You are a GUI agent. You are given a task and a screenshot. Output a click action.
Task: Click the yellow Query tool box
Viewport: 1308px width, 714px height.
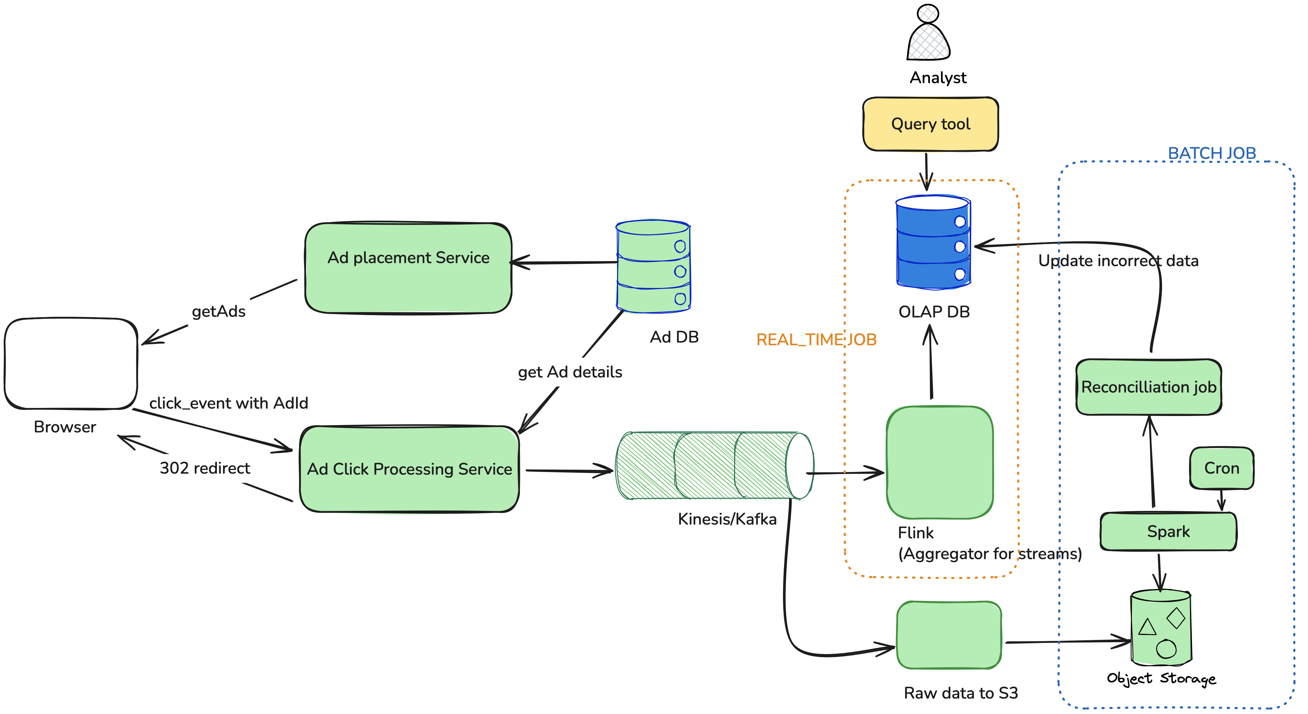pyautogui.click(x=930, y=124)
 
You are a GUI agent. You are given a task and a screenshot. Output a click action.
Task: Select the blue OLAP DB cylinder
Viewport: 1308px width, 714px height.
pyautogui.click(x=933, y=243)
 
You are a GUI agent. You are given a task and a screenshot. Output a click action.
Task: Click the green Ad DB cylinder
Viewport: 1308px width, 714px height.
pyautogui.click(x=653, y=266)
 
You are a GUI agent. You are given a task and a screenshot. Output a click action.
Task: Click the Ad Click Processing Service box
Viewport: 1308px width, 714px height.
pyautogui.click(x=409, y=469)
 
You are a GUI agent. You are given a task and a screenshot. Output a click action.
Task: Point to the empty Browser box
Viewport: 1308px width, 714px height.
pyautogui.click(x=71, y=364)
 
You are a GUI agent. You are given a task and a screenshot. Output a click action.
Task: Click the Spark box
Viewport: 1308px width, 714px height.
pyautogui.click(x=1168, y=532)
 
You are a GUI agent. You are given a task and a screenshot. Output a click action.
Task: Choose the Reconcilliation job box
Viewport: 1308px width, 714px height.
pyautogui.click(x=1148, y=387)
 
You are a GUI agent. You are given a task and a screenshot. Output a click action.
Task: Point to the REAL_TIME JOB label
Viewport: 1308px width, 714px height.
pyautogui.click(x=816, y=340)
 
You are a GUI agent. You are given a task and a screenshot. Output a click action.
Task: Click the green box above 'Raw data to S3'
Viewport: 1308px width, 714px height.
pyautogui.click(x=949, y=635)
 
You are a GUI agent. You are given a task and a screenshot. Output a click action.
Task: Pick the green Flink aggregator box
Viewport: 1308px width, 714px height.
pyautogui.click(x=939, y=462)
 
